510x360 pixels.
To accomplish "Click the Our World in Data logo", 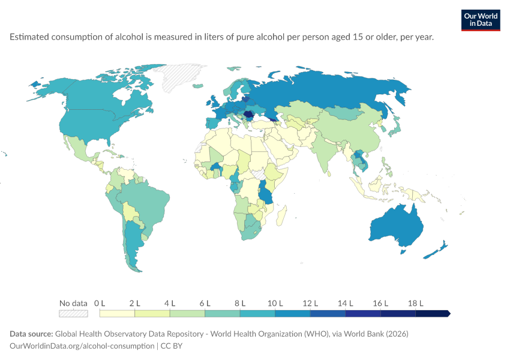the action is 481,20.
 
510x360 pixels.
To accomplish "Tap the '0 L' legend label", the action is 100,304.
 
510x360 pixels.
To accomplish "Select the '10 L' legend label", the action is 275,304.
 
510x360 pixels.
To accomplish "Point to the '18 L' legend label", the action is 416,304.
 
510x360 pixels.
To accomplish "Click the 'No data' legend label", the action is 73,304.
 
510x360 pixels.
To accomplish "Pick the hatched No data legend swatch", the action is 73,313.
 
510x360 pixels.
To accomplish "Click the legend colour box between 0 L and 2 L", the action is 117,313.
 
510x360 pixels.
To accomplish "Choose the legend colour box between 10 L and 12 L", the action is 293,313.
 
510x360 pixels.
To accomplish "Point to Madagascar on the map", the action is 281,215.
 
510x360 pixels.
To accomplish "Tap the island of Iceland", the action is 198,86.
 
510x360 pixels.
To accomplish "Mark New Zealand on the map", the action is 436,250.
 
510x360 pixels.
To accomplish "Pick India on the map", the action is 325,153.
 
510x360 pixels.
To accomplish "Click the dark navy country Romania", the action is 249,114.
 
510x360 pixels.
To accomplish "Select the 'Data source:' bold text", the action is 31,334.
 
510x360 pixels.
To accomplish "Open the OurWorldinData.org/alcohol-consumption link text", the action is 82,346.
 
